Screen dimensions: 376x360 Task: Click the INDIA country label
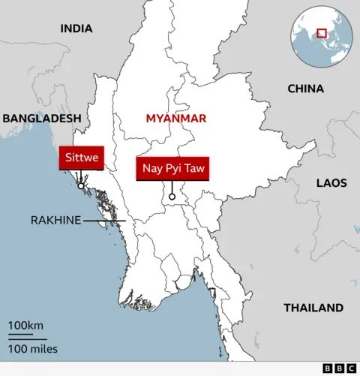[76, 29]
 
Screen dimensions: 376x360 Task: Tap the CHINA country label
[306, 89]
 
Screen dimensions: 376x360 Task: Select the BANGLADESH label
[41, 119]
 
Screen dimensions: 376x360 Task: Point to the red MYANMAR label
[176, 119]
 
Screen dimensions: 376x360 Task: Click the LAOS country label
[331, 182]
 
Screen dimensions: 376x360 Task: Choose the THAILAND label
[313, 308]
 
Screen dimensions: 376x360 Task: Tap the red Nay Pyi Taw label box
[172, 169]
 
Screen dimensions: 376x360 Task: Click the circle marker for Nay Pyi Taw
[172, 197]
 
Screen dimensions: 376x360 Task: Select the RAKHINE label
[55, 221]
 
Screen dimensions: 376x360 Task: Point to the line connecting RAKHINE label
[103, 221]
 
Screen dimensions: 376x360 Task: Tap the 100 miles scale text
[33, 348]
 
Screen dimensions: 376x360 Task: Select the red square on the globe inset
[322, 32]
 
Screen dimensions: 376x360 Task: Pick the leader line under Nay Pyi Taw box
[172, 187]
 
